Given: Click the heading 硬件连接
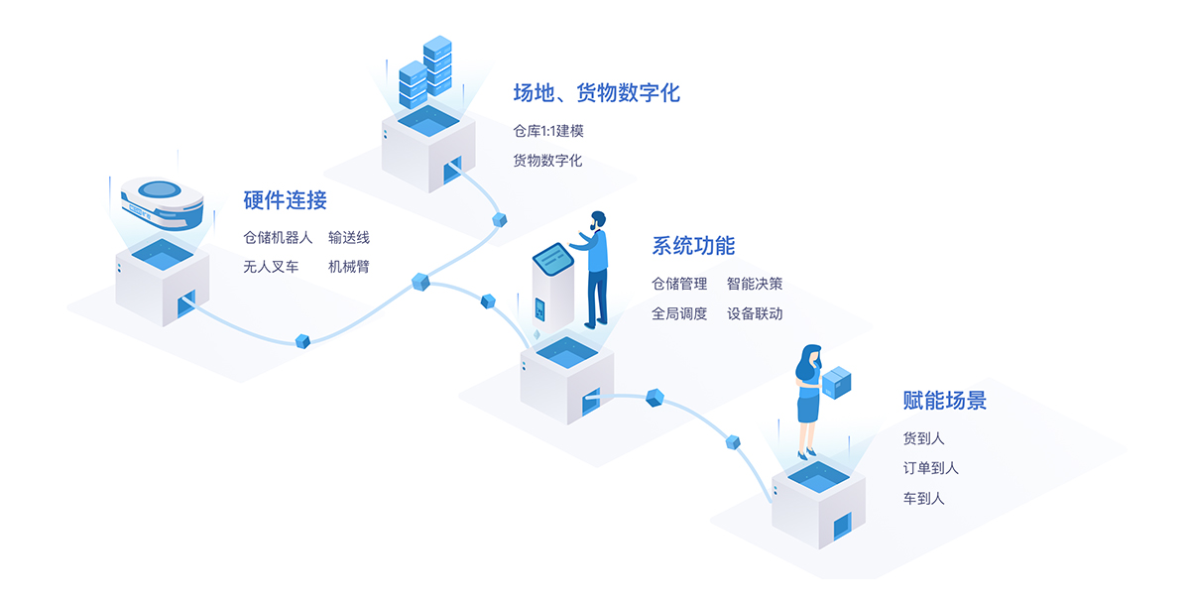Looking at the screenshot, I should click(x=285, y=200).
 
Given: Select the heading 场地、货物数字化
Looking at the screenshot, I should click(x=596, y=93).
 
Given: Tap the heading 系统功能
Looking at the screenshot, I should click(x=693, y=246).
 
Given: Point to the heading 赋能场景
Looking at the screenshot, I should click(x=944, y=401).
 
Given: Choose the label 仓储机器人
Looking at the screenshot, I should click(x=278, y=238).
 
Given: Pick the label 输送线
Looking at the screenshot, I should click(x=348, y=238).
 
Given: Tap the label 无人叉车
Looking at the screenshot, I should click(x=271, y=267).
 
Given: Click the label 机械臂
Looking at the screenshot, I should click(x=348, y=267).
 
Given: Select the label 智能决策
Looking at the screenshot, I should click(x=754, y=284).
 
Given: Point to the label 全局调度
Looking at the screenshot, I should click(x=679, y=313).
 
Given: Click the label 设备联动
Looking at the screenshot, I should click(x=754, y=313).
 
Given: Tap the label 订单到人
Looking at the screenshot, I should click(x=930, y=468).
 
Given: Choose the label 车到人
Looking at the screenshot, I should click(x=923, y=498).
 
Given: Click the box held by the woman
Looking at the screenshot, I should click(x=837, y=382).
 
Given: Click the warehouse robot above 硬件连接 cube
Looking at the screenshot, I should click(x=161, y=200).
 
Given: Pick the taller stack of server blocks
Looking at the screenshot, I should click(x=436, y=65).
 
